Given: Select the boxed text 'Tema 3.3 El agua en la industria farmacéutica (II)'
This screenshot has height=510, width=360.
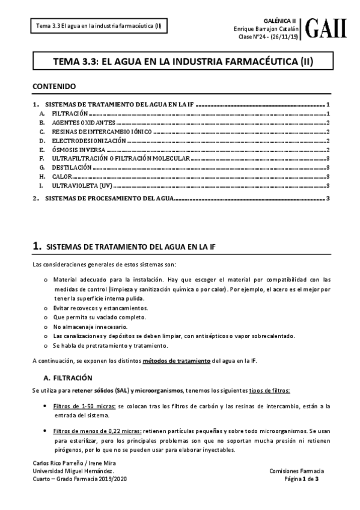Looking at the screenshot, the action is (99, 26).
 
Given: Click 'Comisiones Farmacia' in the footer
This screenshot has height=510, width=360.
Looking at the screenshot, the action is (297, 471).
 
